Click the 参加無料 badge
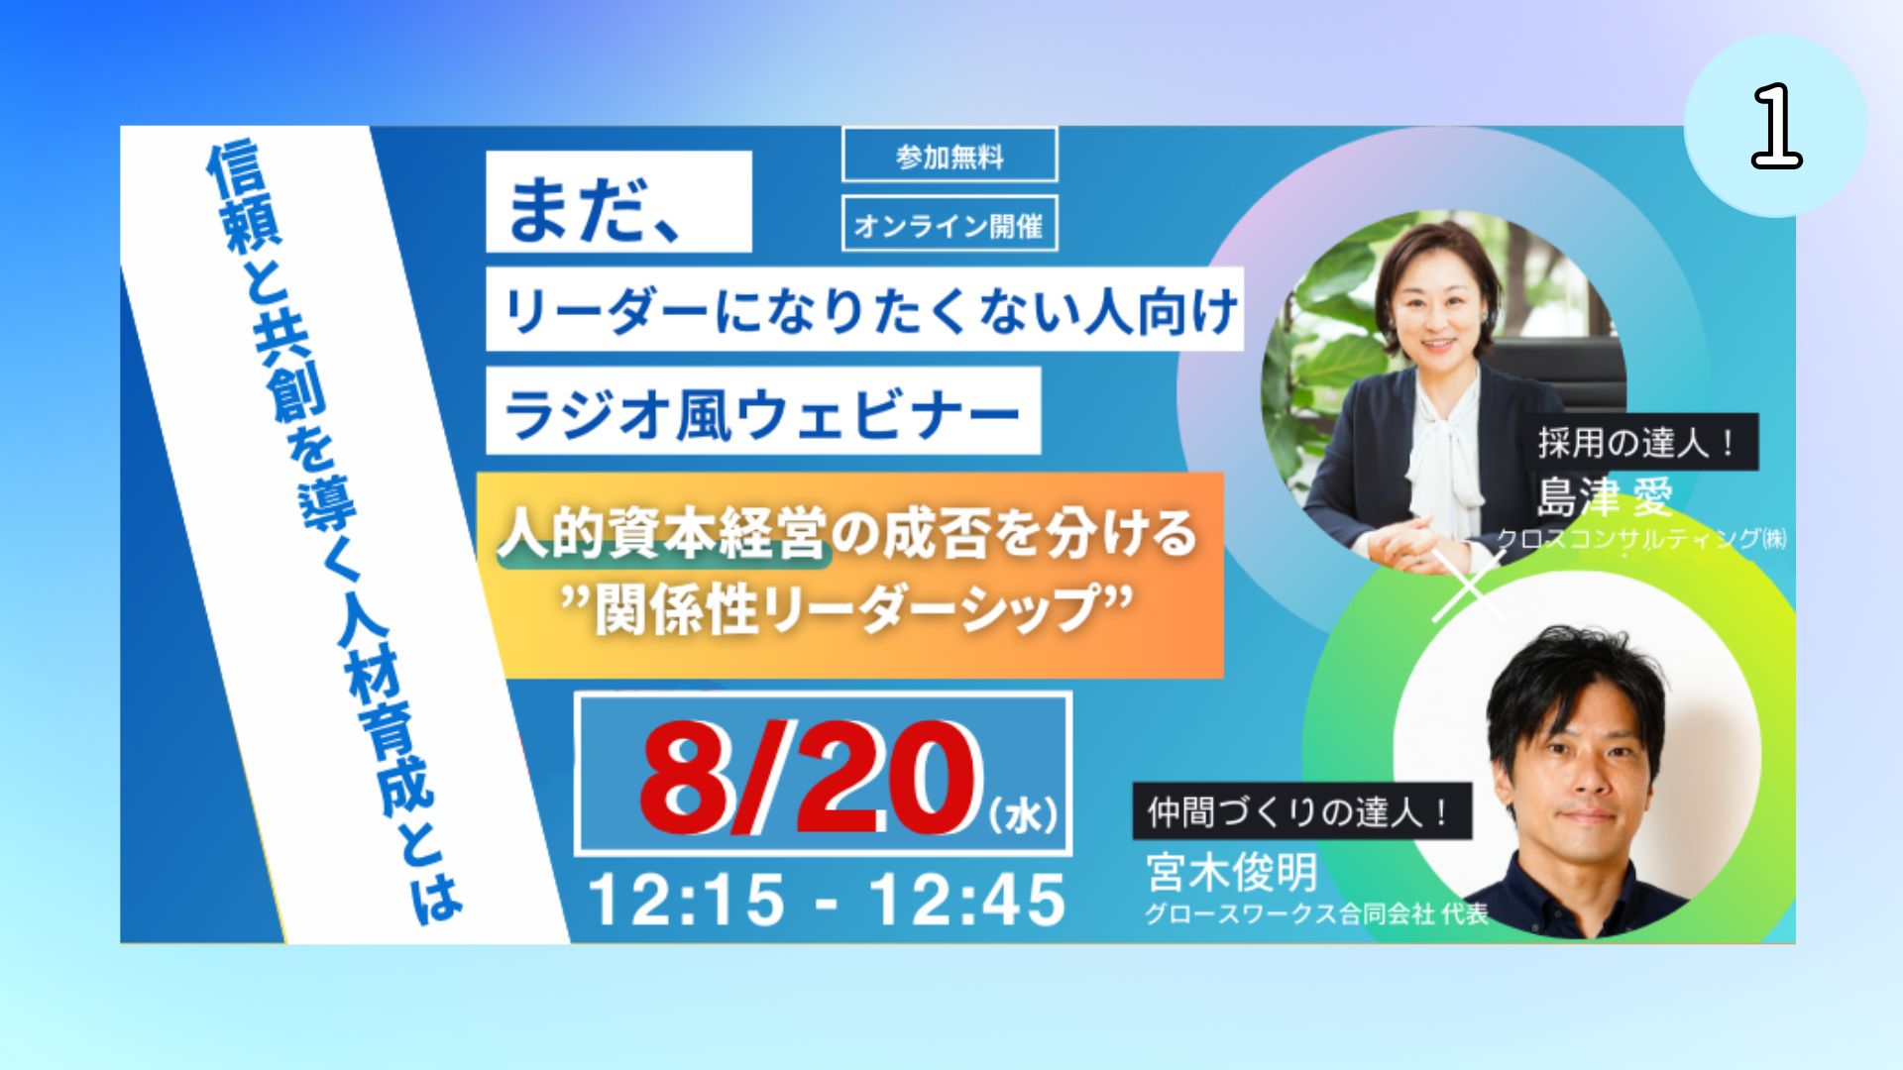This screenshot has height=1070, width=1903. (x=950, y=155)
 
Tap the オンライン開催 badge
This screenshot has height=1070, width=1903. (x=950, y=224)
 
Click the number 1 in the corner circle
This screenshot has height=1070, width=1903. (x=1776, y=126)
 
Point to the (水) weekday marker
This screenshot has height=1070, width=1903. (x=1024, y=815)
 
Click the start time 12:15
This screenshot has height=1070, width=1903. (x=686, y=900)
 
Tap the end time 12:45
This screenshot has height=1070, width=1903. (x=967, y=900)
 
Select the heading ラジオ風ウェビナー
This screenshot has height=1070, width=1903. (x=762, y=413)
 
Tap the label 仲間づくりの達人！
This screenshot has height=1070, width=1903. (x=1299, y=812)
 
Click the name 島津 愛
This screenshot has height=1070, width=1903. (x=1605, y=496)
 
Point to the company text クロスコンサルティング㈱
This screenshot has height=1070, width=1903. (x=1641, y=538)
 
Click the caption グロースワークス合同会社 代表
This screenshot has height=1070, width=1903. (x=1317, y=913)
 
